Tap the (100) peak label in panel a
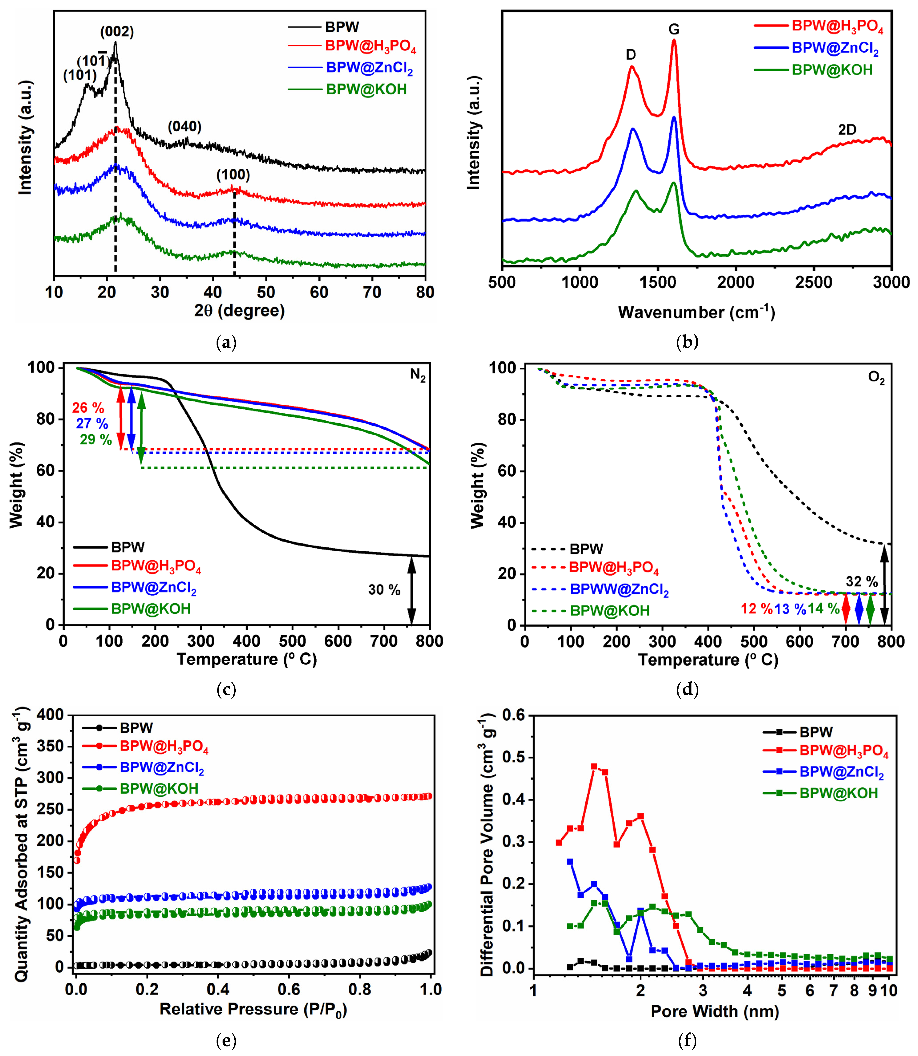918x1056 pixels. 233,175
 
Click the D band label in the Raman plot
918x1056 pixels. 631,55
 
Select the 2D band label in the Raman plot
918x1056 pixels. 847,130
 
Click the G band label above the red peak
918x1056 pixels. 674,30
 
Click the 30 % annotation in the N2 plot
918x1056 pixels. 384,590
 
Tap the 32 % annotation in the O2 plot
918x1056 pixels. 862,582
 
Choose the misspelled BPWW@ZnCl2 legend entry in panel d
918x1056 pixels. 619,590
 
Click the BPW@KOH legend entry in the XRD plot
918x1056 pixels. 366,90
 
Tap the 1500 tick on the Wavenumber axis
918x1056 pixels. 658,282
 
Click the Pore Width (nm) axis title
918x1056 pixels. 715,1011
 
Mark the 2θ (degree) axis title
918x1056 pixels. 239,311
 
